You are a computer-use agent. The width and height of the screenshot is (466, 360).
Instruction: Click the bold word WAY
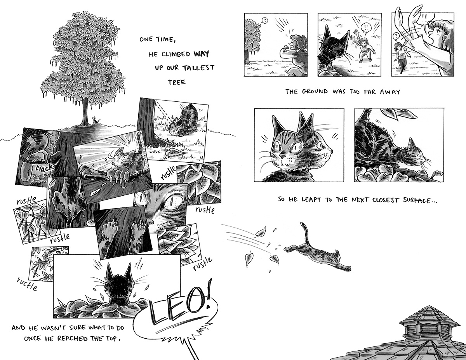pos(201,54)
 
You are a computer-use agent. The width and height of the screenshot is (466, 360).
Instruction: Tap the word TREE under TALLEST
pos(177,82)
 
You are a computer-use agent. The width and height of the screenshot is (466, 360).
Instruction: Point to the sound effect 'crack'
pos(44,167)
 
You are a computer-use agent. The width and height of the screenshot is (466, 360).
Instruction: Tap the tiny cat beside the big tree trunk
pos(95,120)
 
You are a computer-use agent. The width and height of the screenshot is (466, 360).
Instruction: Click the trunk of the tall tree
pos(85,113)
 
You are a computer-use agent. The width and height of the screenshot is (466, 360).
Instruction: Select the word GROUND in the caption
pos(315,92)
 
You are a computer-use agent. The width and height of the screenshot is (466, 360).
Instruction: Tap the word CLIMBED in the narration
pos(176,54)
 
